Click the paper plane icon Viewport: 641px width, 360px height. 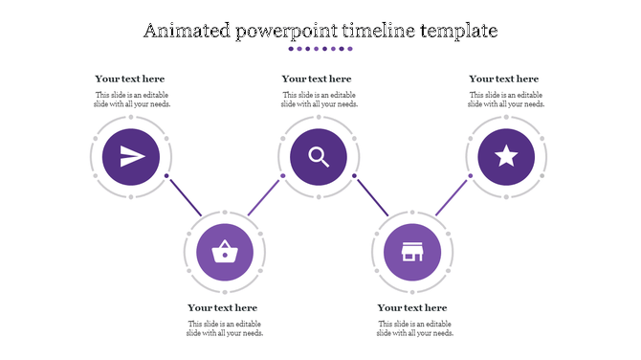click(131, 156)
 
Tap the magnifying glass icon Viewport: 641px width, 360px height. click(319, 156)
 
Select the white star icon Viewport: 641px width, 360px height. click(506, 156)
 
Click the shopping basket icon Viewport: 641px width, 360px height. click(225, 253)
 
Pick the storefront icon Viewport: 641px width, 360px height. click(412, 253)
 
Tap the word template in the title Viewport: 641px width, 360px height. click(459, 31)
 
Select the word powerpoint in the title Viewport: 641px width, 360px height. click(287, 31)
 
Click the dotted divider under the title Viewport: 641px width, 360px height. click(320, 49)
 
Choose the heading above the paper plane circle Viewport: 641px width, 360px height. click(130, 79)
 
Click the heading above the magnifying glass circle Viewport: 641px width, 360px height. click(317, 79)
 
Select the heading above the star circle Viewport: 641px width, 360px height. click(504, 79)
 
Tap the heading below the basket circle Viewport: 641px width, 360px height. click(223, 307)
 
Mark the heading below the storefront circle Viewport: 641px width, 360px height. click(412, 307)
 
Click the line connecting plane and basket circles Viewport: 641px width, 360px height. click(185, 195)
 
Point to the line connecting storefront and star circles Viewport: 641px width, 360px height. click(451, 196)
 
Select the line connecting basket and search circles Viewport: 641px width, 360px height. click(265, 195)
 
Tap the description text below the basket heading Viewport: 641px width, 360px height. click(225, 328)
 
